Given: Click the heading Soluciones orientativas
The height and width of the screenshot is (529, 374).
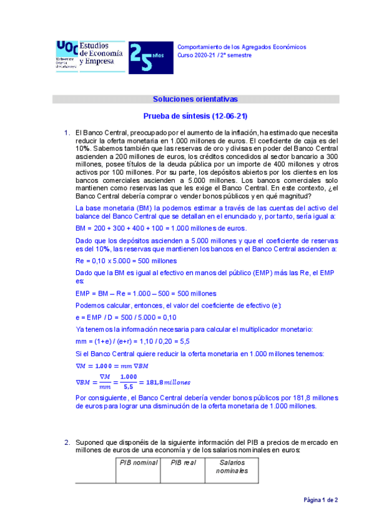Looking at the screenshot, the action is point(195,99).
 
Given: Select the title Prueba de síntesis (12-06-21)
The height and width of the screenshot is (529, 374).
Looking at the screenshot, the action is point(195,116).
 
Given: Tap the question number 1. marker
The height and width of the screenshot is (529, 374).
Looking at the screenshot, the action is point(67,133).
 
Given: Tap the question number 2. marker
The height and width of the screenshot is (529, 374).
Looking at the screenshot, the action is point(67,442).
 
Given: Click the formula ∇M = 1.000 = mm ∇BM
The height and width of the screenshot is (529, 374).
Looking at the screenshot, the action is point(112,365).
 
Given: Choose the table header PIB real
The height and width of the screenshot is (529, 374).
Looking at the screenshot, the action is point(181,463).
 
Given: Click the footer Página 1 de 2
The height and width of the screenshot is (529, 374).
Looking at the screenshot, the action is point(321,500).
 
